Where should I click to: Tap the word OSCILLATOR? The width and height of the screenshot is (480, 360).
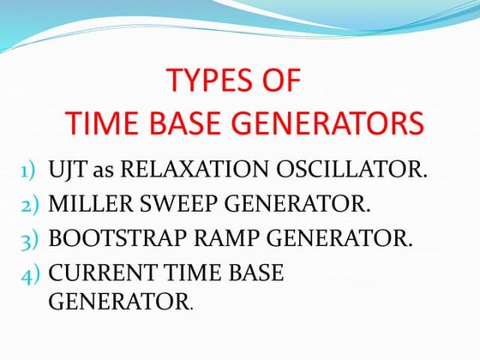(x=352, y=169)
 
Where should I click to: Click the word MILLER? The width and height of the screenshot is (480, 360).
(x=89, y=204)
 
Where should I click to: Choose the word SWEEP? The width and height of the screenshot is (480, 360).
(x=171, y=204)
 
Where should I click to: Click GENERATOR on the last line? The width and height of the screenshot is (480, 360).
(x=118, y=302)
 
